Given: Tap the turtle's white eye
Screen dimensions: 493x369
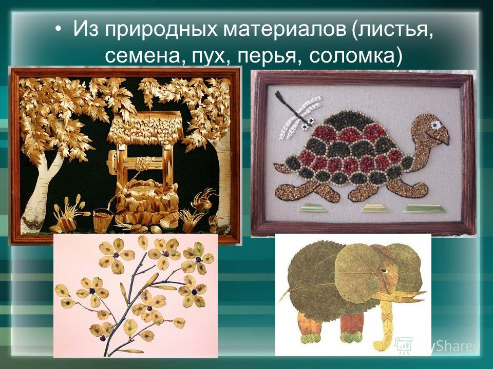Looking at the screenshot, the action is [436, 125].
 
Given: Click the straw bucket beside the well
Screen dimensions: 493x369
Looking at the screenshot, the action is [103, 220].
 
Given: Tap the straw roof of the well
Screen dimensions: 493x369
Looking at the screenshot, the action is [145, 128].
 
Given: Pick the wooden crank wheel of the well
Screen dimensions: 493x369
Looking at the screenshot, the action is [113, 162].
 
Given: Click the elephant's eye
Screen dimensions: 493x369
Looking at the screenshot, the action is [384, 271].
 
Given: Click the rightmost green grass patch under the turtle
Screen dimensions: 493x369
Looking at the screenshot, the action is [424, 209].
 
